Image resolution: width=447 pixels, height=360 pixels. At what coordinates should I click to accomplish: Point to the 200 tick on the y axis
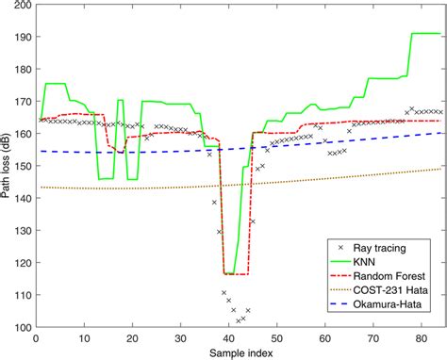point(21,6)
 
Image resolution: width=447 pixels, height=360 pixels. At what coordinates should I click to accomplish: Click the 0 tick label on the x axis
point(34,336)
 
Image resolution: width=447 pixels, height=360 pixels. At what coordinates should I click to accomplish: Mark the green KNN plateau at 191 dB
point(424,34)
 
